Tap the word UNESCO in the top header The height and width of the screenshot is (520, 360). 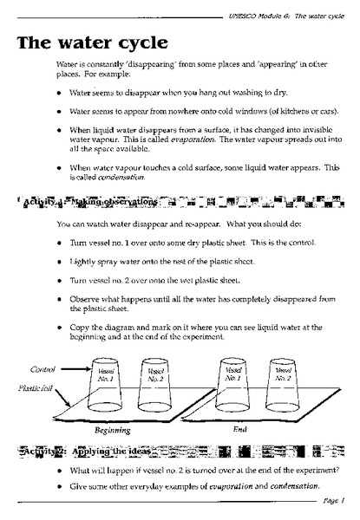tap(249, 7)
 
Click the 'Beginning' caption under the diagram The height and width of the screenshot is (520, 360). tap(113, 429)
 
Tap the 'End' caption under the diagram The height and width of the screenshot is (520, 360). tap(240, 429)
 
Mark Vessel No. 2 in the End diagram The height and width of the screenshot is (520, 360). tap(283, 378)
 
